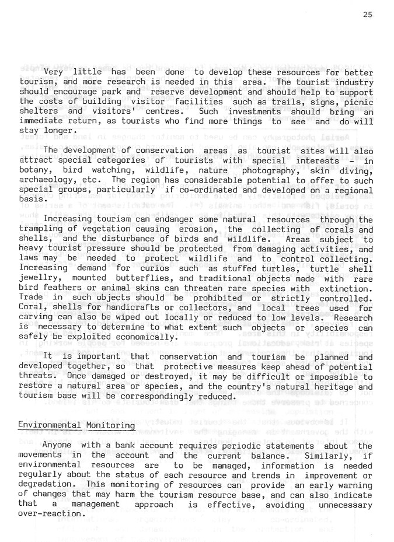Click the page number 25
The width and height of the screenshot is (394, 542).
pos(367,15)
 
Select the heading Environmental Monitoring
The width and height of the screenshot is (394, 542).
pos(76,427)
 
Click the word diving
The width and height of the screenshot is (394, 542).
pos(355,169)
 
